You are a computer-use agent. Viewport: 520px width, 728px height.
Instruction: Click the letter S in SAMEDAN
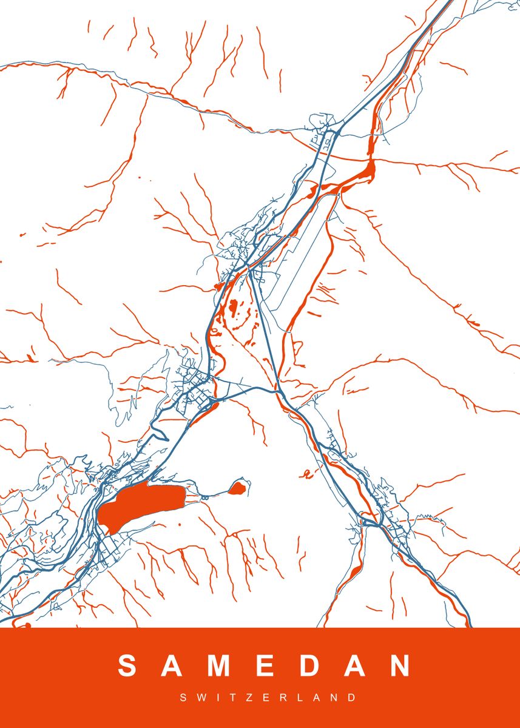tap(128, 666)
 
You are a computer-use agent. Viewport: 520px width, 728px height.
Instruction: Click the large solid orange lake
tap(143, 504)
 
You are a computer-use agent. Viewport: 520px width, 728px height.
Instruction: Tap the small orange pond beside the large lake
tap(238, 487)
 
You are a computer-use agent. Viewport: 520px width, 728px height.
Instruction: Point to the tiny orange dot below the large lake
tap(180, 525)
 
